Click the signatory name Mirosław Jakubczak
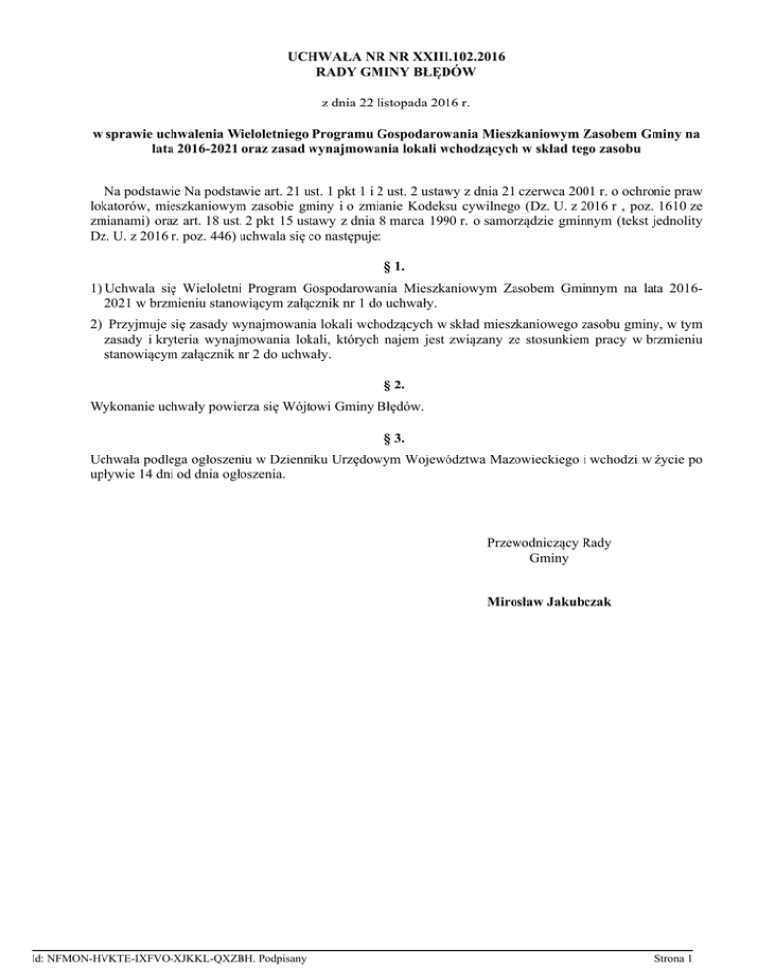coord(549,600)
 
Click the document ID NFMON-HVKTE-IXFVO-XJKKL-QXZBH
coord(144,957)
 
